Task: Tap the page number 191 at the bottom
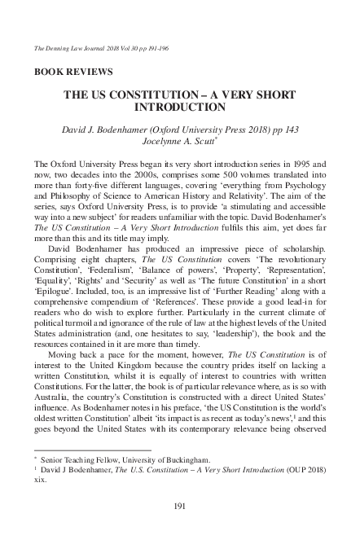(x=181, y=508)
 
